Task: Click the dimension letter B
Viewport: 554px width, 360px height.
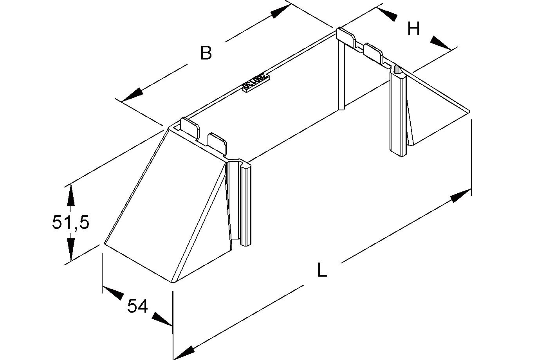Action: click(206, 53)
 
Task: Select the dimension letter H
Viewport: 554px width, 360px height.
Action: click(413, 29)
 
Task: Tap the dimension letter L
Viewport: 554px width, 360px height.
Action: click(322, 271)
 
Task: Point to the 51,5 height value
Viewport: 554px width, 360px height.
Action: click(70, 222)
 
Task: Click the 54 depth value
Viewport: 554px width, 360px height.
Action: click(137, 306)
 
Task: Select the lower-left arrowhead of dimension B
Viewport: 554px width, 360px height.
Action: click(132, 95)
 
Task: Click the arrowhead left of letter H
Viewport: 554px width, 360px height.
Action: click(388, 14)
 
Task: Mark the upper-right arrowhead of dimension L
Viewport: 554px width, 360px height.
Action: click(460, 195)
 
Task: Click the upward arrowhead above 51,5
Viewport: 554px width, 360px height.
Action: click(70, 194)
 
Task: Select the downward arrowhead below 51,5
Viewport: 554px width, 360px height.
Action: click(70, 250)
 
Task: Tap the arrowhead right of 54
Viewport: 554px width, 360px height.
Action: click(162, 319)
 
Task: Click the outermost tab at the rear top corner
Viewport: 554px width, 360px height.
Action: click(346, 37)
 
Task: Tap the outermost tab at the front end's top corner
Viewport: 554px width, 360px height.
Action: click(190, 128)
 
